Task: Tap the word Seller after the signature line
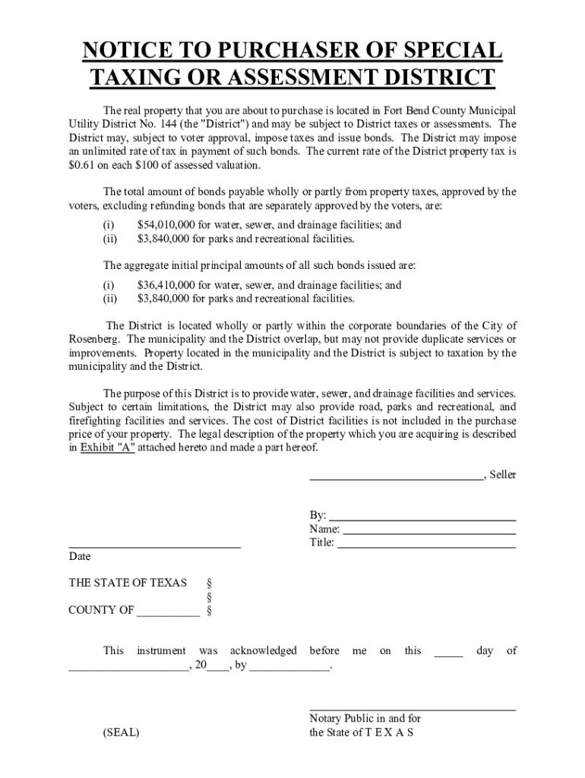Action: click(x=502, y=475)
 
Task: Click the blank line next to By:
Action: click(x=422, y=515)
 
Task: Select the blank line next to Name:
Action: click(x=429, y=529)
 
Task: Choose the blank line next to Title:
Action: click(x=426, y=542)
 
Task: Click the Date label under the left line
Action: click(x=80, y=556)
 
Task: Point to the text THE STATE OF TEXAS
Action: click(x=128, y=583)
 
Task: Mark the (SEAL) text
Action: click(x=121, y=732)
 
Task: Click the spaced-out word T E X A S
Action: click(x=389, y=732)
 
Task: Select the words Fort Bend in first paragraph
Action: click(x=408, y=110)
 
